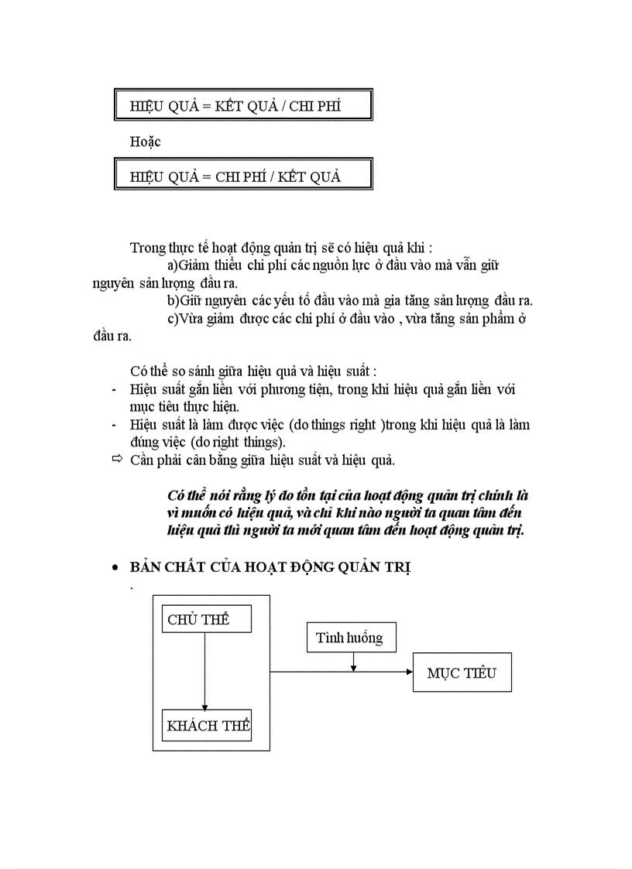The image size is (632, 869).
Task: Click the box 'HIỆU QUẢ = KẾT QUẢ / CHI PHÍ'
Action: coord(243,104)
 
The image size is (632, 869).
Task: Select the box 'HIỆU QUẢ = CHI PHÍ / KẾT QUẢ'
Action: coord(243,175)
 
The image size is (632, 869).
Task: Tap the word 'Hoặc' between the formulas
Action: coord(146,141)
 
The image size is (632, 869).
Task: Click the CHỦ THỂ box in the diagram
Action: coord(198,620)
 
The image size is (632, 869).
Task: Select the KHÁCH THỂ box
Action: coord(208,725)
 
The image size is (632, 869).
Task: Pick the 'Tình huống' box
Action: coord(349,638)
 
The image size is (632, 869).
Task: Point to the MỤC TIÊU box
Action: coord(462,672)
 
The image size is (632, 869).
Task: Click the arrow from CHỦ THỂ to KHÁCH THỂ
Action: coord(204,670)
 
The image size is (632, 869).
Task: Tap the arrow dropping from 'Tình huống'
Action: coord(354,662)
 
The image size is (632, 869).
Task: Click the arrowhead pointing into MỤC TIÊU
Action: coord(409,672)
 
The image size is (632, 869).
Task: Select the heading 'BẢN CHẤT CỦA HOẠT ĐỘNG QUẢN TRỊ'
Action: coord(270,568)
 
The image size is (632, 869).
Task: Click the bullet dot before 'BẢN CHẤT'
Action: coord(115,568)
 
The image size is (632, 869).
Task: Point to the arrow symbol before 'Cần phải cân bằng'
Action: coord(117,460)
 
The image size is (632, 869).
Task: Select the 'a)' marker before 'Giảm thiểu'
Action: coord(173,265)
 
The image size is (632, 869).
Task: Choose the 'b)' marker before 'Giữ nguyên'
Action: coord(173,300)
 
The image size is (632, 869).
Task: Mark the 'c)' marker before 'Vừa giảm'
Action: coord(173,318)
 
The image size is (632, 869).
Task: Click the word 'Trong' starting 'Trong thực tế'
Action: coord(148,248)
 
